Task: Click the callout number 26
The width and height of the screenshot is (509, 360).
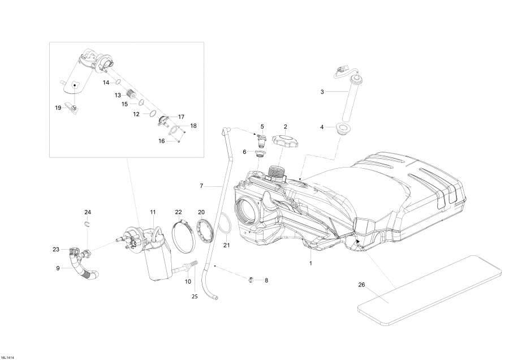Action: [361, 285]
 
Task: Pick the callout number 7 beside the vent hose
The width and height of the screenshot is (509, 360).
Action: [201, 186]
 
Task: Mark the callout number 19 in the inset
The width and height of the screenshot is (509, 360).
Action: [58, 108]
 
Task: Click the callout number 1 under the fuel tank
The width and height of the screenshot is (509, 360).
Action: [310, 264]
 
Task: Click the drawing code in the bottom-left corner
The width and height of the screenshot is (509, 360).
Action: [8, 357]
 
